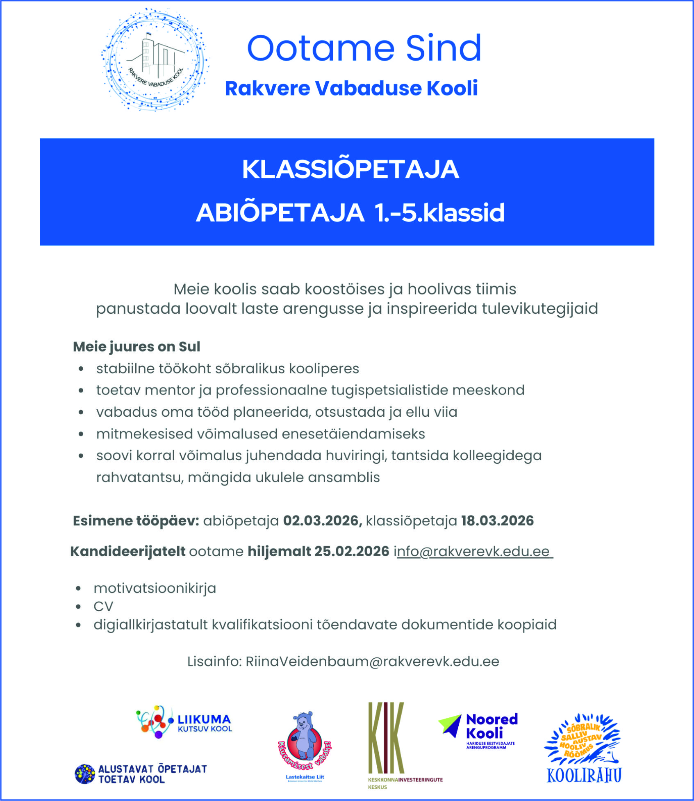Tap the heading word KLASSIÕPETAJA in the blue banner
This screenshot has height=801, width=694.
(x=350, y=169)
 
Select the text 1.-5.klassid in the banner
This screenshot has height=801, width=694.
(x=439, y=213)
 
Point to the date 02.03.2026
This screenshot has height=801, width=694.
(x=322, y=521)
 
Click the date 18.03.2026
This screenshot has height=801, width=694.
(x=497, y=521)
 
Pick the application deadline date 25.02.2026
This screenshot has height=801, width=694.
(x=352, y=551)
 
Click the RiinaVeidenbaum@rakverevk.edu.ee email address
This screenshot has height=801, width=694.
(x=372, y=662)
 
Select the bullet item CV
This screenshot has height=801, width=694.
(x=103, y=607)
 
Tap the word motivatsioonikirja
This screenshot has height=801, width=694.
(x=155, y=588)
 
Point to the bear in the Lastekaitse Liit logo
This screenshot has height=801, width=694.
(x=304, y=736)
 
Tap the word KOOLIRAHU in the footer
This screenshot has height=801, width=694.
(x=584, y=775)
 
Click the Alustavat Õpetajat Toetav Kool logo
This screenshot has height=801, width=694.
(x=141, y=774)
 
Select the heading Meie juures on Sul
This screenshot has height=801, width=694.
(x=137, y=347)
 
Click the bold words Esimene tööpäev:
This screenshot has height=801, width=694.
(x=136, y=521)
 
